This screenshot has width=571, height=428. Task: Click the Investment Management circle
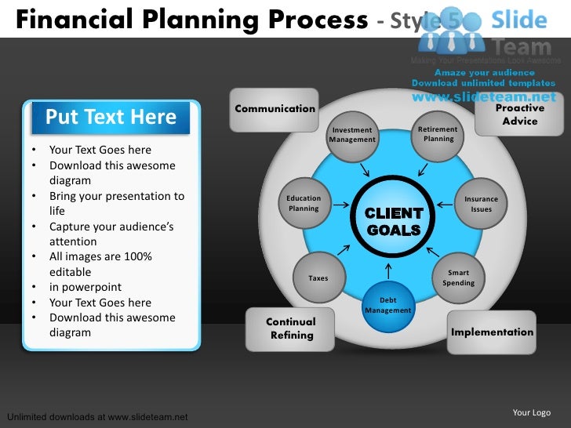(351, 135)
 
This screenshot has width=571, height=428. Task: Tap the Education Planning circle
(304, 203)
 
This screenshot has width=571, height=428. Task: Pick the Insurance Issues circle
(481, 204)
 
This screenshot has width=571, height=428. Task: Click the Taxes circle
(318, 277)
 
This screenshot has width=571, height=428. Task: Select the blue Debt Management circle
(388, 306)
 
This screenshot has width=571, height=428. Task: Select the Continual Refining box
(291, 328)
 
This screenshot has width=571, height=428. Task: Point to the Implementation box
(492, 332)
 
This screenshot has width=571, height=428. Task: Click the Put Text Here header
(111, 118)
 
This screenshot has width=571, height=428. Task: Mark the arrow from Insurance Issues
(445, 205)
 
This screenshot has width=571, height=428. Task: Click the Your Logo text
(531, 412)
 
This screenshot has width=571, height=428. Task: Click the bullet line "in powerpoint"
(89, 287)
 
